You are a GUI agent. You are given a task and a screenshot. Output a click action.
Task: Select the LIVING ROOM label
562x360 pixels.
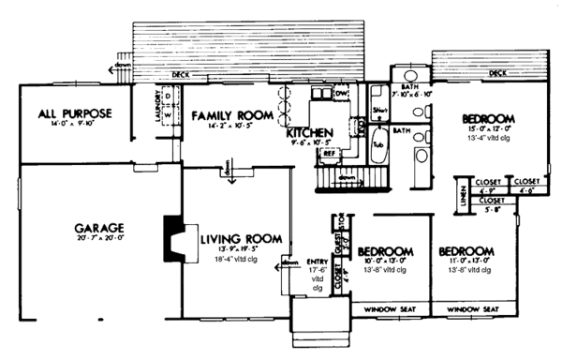pyautogui.click(x=240, y=239)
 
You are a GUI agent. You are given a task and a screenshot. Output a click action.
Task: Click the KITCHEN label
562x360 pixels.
pyautogui.click(x=309, y=135)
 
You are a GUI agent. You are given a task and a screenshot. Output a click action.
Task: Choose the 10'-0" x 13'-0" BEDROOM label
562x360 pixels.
pyautogui.click(x=385, y=251)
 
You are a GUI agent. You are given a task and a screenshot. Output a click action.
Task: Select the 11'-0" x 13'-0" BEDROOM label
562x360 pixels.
pyautogui.click(x=466, y=251)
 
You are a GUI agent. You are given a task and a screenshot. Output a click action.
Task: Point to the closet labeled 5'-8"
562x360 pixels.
pyautogui.click(x=492, y=201)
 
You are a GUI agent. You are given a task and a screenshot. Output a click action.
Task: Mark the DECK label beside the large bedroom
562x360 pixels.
pyautogui.click(x=498, y=72)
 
